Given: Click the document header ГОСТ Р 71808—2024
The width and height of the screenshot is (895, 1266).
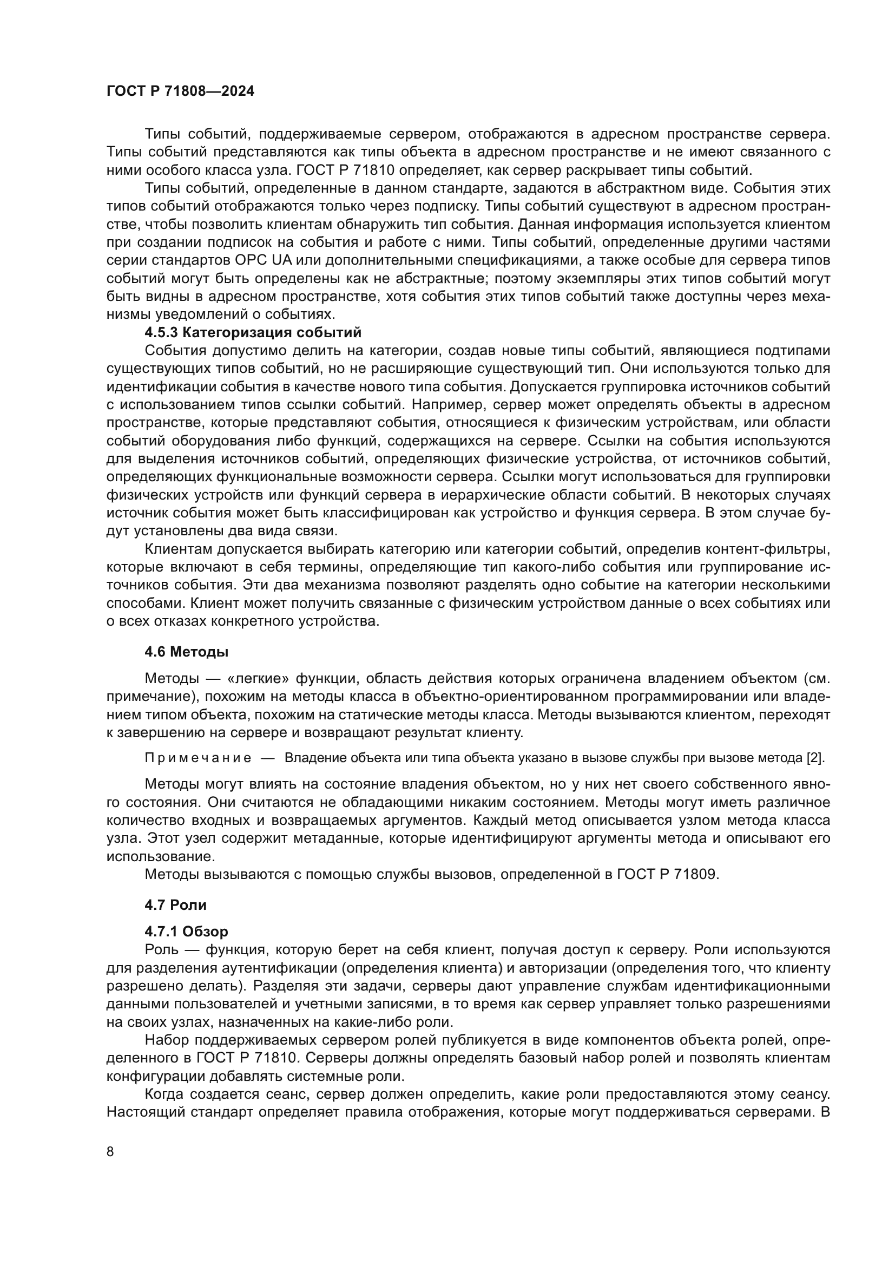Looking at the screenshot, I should point(180,91).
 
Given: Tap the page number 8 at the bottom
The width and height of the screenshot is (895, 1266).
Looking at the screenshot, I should point(110,1151).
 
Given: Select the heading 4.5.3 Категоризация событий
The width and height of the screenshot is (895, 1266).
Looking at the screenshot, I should point(253,332).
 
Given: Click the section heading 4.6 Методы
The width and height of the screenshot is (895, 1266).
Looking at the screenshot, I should point(186,652).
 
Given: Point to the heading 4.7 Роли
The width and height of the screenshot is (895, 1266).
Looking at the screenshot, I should point(175,905).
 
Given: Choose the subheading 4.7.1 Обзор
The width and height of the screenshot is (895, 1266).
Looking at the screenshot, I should point(186,932).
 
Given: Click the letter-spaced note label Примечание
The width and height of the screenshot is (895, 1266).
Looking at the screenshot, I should point(198,758).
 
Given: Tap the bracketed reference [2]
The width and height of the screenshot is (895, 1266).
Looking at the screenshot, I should point(814,758).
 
